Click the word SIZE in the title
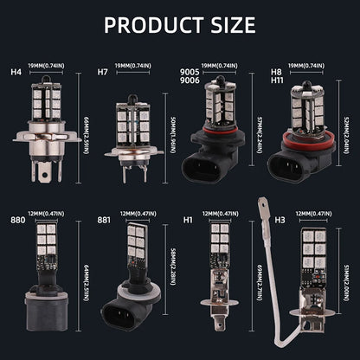pos(230,23)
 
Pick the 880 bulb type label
pos(17,220)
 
